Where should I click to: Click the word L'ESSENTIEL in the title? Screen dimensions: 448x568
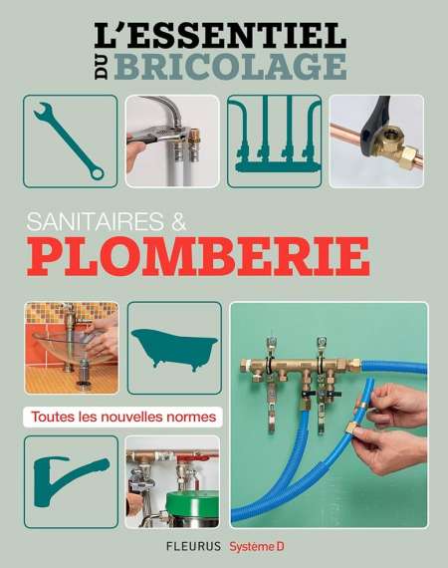(220, 35)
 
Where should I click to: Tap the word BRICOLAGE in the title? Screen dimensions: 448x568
(231, 66)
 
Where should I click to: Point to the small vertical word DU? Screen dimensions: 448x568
(103, 67)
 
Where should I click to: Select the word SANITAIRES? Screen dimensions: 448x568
(95, 221)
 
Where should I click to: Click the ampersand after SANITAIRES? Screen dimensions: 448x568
(178, 221)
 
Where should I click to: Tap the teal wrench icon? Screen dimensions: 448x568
(69, 142)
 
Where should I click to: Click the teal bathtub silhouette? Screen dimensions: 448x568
(174, 349)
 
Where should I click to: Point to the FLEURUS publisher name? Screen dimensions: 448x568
(193, 546)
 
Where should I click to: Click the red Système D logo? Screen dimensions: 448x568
(257, 546)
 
